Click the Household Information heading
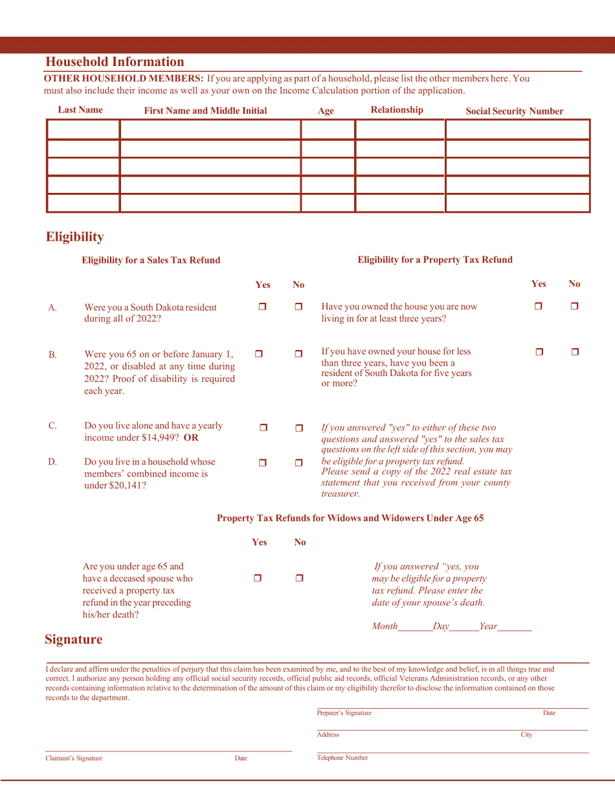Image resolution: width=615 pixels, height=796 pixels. [115, 62]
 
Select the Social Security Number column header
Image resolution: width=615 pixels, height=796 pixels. [515, 111]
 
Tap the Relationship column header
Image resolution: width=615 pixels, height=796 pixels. [397, 110]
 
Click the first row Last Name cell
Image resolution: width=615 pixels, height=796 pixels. [84, 129]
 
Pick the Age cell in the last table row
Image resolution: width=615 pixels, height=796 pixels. [328, 203]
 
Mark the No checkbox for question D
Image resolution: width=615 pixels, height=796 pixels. [298, 463]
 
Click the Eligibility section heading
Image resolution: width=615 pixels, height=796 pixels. [74, 237]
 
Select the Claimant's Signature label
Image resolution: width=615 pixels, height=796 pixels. [73, 758]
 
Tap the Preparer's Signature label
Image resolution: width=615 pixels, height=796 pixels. [344, 713]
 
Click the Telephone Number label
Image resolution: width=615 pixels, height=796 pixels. [342, 757]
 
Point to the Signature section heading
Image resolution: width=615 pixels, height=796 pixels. [73, 640]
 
